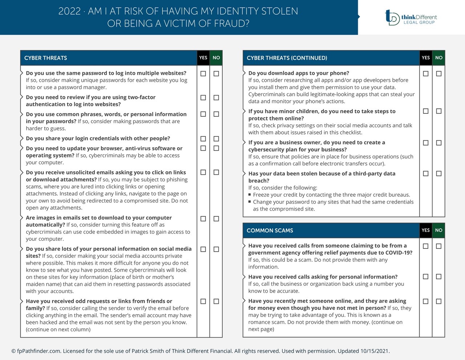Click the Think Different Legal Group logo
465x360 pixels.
coord(411,17)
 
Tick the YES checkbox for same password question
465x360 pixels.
coord(203,74)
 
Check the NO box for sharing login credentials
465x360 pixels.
coord(216,139)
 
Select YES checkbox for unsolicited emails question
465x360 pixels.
coord(203,172)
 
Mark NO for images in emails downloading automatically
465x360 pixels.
coord(216,219)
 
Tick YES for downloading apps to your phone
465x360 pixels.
coord(426,74)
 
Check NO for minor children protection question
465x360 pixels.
coord(439,111)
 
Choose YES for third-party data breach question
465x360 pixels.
coord(426,174)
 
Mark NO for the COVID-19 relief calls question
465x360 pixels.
coord(439,246)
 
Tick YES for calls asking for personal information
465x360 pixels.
coord(426,277)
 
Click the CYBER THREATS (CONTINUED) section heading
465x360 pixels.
coord(287,58)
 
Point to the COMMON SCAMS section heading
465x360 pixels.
coord(270,230)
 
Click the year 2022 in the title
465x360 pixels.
coord(69,11)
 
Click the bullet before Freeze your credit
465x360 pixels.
coord(250,195)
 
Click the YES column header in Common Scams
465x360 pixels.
coord(426,230)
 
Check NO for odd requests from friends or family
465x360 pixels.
coord(216,301)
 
